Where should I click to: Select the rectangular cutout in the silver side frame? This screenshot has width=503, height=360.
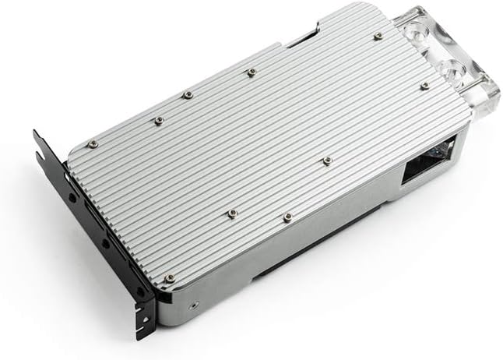tap(424, 171)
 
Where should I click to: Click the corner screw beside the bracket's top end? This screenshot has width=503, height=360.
tap(92, 143)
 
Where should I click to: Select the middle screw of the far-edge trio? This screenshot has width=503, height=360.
tap(188, 95)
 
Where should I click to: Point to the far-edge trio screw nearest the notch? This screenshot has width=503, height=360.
tap(251, 72)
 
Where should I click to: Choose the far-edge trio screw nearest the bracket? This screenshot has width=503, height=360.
tap(158, 120)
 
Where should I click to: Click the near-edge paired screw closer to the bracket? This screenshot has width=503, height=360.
tap(231, 212)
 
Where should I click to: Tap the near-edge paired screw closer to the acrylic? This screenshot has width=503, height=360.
tap(287, 216)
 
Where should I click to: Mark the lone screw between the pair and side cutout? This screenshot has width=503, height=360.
tap(326, 161)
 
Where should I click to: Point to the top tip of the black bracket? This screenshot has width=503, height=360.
tap(37, 137)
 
